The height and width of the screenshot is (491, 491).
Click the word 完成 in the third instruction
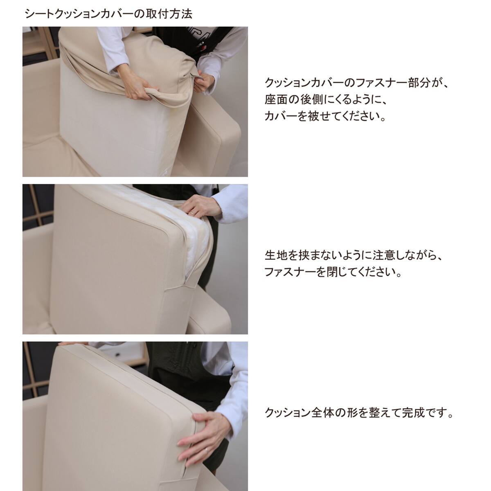point(409,412)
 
